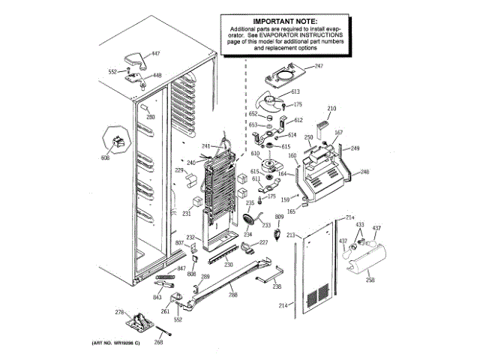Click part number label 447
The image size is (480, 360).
point(157,54)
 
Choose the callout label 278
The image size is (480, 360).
point(118,312)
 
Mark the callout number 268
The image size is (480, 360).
point(158,343)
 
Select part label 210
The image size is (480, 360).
point(332,109)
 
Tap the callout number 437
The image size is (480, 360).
point(377,228)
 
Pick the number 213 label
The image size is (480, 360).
point(289,233)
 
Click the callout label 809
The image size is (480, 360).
point(279,217)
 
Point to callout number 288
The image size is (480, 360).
point(233,295)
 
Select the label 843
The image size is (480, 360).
point(157,296)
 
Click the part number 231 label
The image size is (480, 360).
point(186,214)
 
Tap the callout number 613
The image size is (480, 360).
point(295,91)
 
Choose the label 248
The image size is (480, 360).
point(364,172)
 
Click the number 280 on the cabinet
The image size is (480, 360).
point(150,117)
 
